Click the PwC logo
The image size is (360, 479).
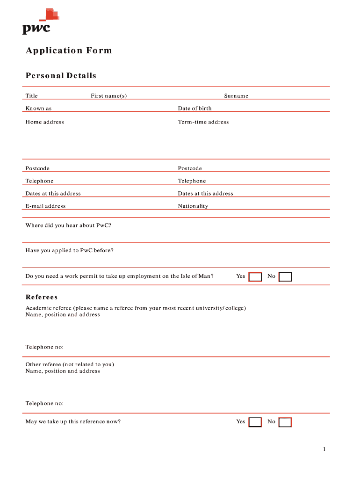pos(39,22)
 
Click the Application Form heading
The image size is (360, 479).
pos(69,51)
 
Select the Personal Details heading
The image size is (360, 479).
pos(61,76)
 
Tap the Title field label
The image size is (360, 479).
pos(31,96)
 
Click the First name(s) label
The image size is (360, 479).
pos(108,96)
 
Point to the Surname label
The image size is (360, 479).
pos(236,96)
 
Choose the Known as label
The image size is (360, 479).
pos(38,109)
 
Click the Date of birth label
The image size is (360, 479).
pos(194,109)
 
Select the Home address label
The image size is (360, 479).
pos(44,122)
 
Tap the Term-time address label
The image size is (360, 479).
pos(203,122)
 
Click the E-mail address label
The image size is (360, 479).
pos(45,206)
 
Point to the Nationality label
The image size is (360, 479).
pos(193,206)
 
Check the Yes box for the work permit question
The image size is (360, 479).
pos(255,277)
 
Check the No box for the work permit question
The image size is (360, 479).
pos(285,277)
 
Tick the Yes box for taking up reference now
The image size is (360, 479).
pos(255,422)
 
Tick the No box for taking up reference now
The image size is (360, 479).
pos(285,422)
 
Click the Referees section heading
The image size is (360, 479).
pos(42,297)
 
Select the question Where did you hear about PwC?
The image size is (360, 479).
pos(68,225)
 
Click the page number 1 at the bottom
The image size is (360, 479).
pos(324,450)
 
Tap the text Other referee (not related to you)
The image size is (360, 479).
pos(70,364)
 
